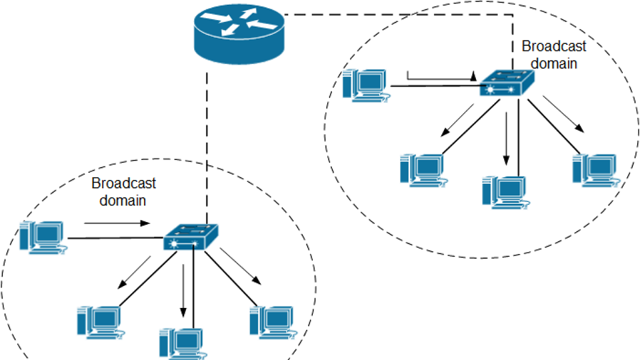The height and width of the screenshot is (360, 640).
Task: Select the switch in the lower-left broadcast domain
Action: coord(191,237)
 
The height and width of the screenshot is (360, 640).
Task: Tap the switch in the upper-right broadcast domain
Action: coord(507,83)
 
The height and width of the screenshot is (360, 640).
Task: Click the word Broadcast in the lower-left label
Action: coord(123,183)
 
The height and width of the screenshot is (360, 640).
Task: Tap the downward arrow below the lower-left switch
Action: coord(182,293)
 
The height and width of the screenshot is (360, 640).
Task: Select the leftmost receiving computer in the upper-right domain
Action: coord(422,169)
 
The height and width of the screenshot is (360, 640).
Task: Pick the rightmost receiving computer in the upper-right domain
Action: coord(595,169)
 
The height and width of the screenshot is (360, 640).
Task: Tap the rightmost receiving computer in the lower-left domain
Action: coord(271,321)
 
